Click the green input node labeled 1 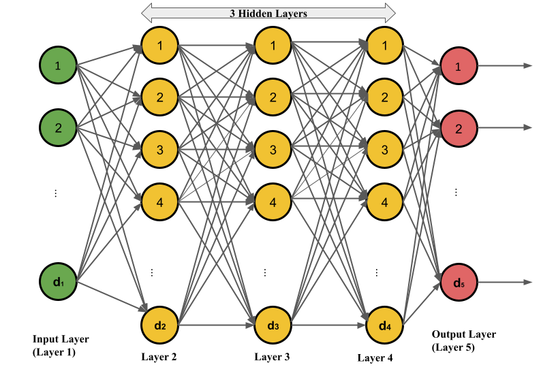pos(58,66)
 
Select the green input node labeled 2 pos(58,128)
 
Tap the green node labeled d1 pos(58,281)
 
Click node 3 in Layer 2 pos(159,149)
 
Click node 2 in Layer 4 pos(384,97)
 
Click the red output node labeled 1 pos(458,66)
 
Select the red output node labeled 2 pos(458,128)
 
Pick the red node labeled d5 pos(458,281)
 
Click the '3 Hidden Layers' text pos(268,12)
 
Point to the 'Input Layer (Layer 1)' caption pos(61,346)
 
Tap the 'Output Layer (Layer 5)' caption pos(464,340)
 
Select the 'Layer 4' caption pos(375,357)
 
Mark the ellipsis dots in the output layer pos(457,193)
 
